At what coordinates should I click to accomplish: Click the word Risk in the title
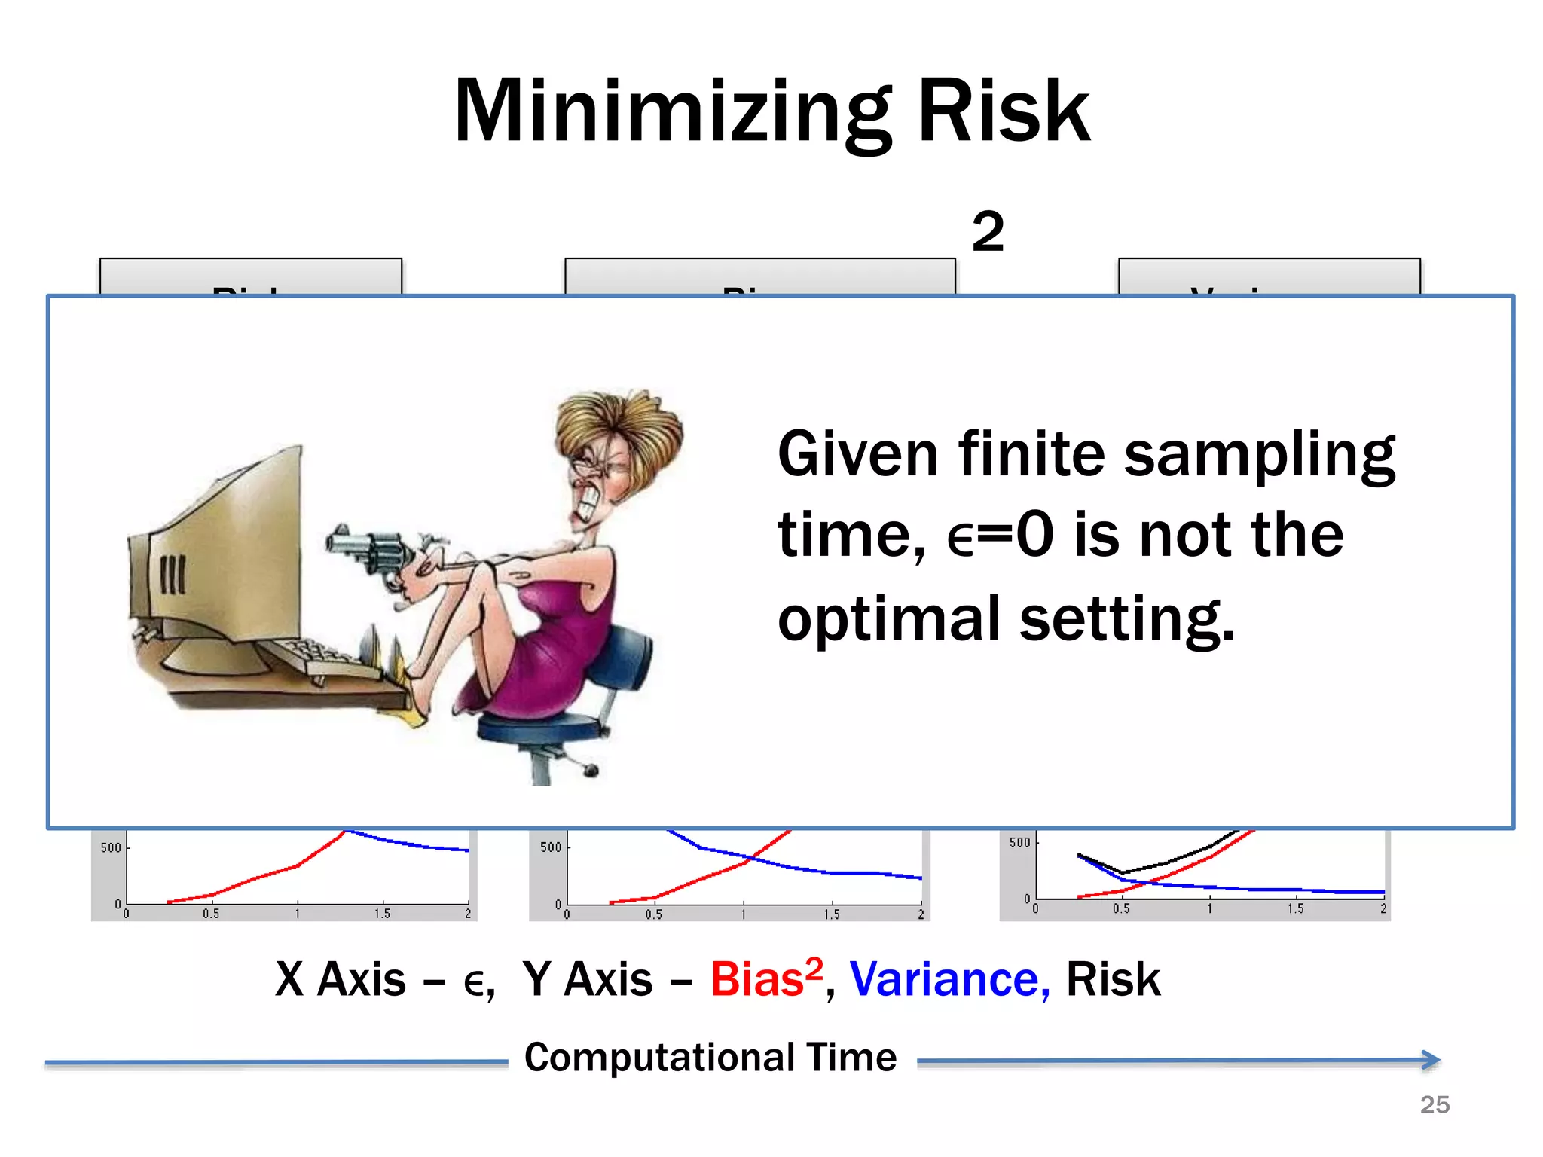click(x=1004, y=111)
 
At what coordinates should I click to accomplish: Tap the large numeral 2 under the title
click(x=988, y=231)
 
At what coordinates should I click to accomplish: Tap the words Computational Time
click(x=710, y=1058)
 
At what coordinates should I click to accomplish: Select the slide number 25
click(x=1435, y=1104)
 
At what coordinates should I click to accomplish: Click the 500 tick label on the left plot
click(x=111, y=847)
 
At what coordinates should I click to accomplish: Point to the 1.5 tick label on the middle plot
click(x=831, y=914)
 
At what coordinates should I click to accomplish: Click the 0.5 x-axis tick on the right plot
click(x=1121, y=909)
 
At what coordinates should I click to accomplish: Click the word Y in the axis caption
click(x=536, y=980)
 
